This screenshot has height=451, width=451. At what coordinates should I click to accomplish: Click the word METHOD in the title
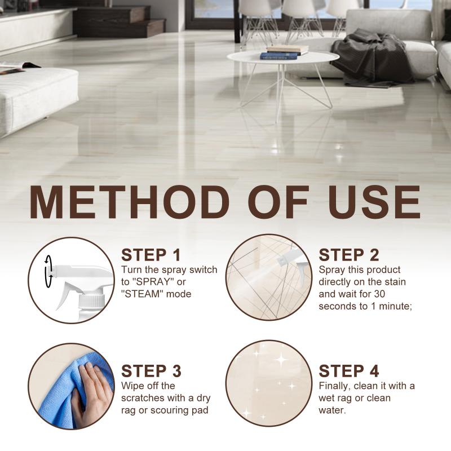(x=130, y=202)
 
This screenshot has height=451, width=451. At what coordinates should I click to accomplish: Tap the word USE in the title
(x=374, y=202)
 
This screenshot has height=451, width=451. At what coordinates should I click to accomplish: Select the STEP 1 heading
(x=151, y=255)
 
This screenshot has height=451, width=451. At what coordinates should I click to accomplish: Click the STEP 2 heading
(x=349, y=255)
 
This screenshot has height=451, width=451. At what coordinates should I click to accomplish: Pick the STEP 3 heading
(x=151, y=371)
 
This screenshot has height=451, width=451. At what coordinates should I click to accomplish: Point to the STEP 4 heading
(x=349, y=371)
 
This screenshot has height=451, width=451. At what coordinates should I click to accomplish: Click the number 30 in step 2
(x=379, y=294)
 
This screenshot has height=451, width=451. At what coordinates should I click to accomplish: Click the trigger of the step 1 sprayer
(x=65, y=294)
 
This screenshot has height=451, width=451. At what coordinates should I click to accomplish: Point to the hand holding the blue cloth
(x=92, y=394)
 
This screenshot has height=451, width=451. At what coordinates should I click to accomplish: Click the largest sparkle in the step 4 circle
(x=281, y=359)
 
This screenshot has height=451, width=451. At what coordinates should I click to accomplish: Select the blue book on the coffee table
(x=278, y=56)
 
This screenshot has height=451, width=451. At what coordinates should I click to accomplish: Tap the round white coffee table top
(x=283, y=58)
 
